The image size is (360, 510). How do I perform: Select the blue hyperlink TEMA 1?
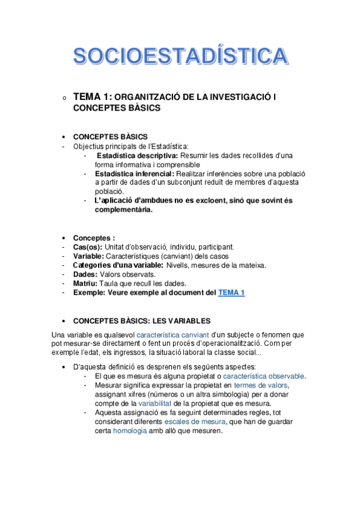(x=231, y=293)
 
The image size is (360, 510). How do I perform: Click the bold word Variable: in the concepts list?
(x=88, y=256)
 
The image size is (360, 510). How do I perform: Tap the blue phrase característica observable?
(x=264, y=376)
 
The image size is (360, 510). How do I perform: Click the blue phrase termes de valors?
(x=261, y=385)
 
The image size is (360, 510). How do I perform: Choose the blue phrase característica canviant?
(x=166, y=334)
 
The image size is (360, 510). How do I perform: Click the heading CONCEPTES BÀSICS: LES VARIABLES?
(x=141, y=321)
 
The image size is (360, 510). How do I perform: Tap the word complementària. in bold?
(x=123, y=210)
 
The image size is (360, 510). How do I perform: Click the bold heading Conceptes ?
(x=94, y=238)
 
